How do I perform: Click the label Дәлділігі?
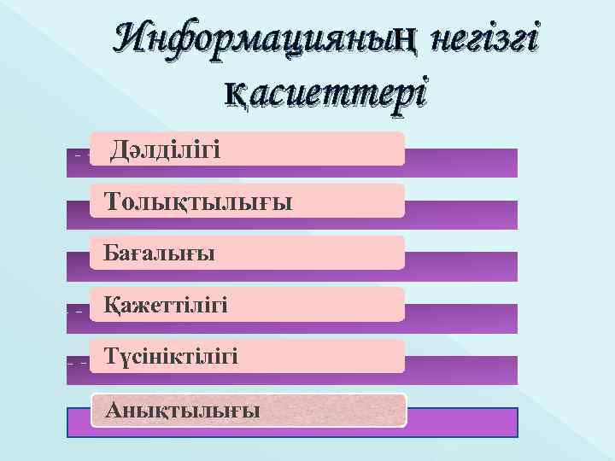pos(166,151)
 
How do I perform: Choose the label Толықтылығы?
pos(197,202)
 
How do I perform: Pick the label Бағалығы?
pos(159,254)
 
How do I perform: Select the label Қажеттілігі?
pos(166,305)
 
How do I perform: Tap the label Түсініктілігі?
pos(171,356)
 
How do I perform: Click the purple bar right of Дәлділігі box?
pos(461,162)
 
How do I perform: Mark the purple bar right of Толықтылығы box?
pos(461,214)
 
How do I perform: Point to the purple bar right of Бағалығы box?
pos(461,266)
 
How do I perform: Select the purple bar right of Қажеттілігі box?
pos(461,318)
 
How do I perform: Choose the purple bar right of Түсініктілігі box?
pos(461,370)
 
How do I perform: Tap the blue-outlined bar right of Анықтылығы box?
pos(461,422)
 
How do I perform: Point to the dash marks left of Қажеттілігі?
pos(75,311)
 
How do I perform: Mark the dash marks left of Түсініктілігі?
pos(77,362)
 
